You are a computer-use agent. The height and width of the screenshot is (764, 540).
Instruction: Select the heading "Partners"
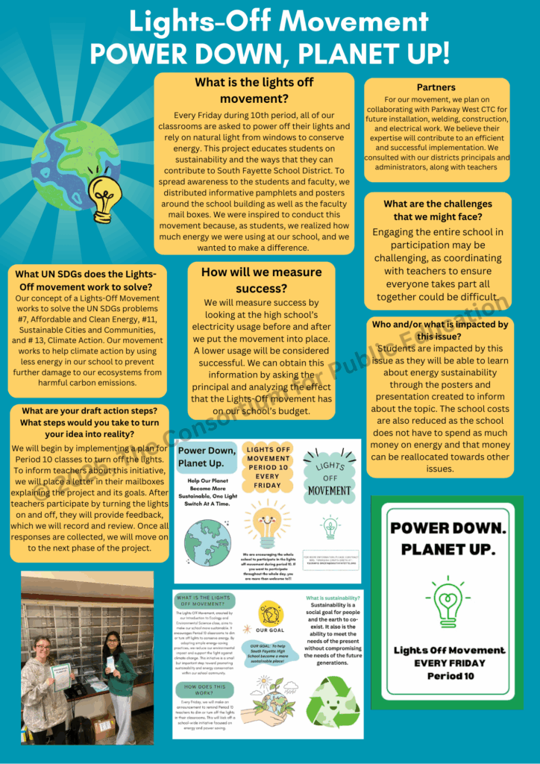tap(436, 87)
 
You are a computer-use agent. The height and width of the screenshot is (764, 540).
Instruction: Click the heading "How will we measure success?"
tap(261, 280)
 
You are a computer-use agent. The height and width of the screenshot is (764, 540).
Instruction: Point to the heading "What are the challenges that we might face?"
tap(437, 210)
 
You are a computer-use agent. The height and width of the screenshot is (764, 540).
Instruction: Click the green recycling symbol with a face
tap(332, 702)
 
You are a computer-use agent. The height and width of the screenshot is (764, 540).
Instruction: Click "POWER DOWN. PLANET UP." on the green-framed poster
tap(448, 538)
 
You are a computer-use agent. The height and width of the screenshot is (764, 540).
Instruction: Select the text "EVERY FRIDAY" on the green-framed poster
tap(449, 663)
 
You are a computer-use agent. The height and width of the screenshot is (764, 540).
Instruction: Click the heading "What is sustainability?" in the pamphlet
tap(333, 598)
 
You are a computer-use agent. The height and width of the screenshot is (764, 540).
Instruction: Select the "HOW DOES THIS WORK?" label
tap(204, 689)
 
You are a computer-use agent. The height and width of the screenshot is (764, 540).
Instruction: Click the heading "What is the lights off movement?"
tap(254, 90)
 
